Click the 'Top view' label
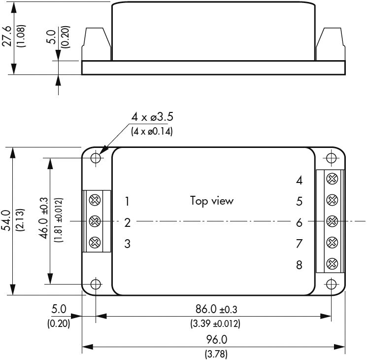pos(212,201)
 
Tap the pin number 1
pos(127,201)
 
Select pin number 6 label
pos(299,222)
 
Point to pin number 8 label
pos(299,265)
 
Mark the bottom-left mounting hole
pos(96,284)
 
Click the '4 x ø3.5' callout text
pos(152,117)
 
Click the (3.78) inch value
pos(213,354)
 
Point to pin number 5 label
pos(299,201)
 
